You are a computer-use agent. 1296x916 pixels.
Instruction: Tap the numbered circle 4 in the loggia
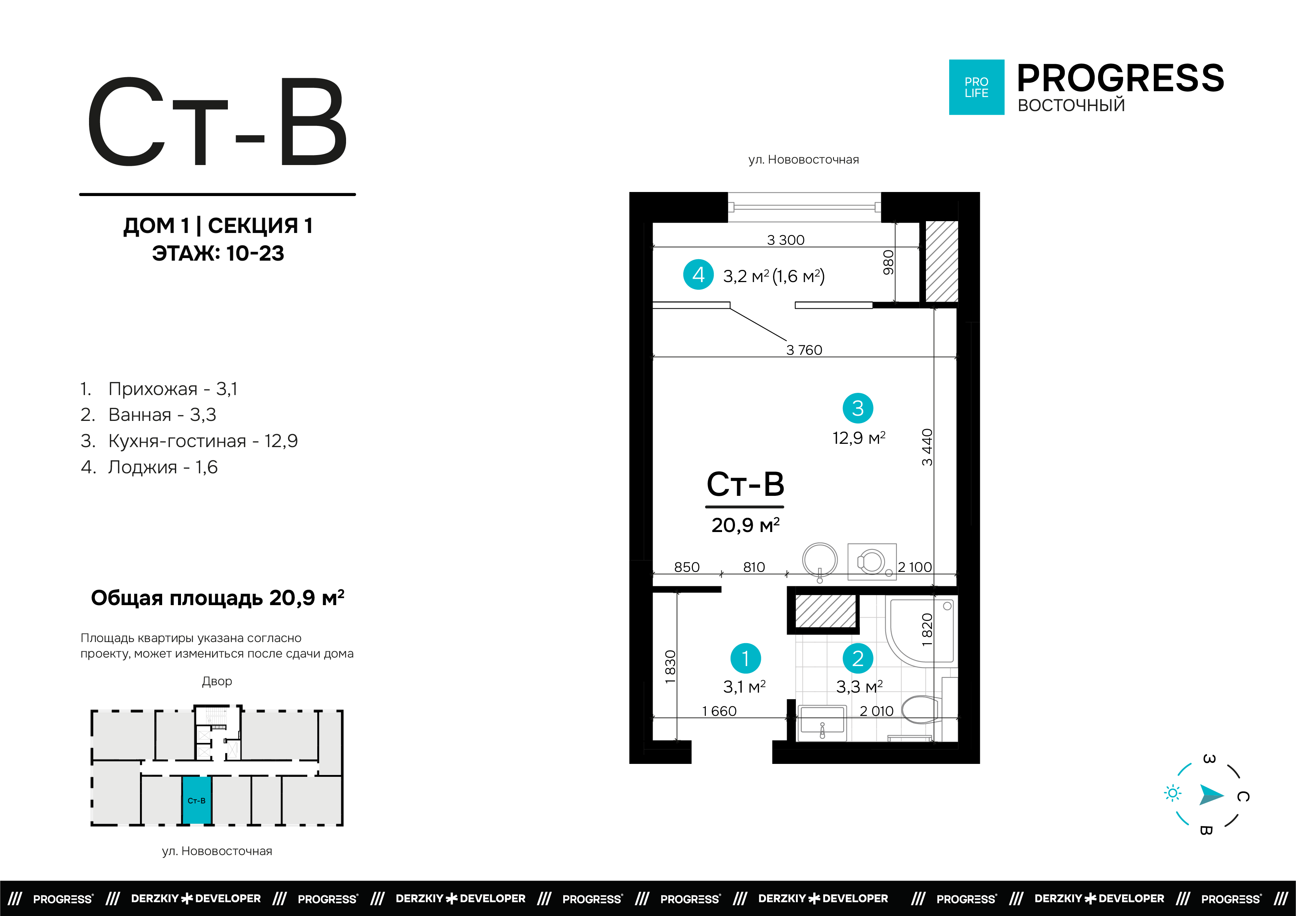pyautogui.click(x=698, y=275)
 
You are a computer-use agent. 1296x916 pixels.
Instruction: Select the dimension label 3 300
pyautogui.click(x=785, y=240)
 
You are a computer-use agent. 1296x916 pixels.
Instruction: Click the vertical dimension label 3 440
pyautogui.click(x=927, y=447)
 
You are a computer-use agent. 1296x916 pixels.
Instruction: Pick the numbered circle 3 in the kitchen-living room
pyautogui.click(x=858, y=408)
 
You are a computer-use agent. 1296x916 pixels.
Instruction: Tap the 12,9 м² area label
pyautogui.click(x=859, y=438)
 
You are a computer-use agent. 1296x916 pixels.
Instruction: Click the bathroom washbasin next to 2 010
pyautogui.click(x=822, y=723)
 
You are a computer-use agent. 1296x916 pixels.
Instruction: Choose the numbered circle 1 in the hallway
pyautogui.click(x=745, y=658)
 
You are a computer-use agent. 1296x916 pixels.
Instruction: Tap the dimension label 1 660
pyautogui.click(x=719, y=711)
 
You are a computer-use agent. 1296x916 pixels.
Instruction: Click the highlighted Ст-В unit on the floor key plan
pyautogui.click(x=196, y=800)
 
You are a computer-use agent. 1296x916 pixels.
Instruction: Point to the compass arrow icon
pyautogui.click(x=1210, y=795)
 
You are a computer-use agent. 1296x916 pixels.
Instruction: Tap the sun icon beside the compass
pyautogui.click(x=1172, y=793)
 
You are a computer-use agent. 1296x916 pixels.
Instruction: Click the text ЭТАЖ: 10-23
pyautogui.click(x=218, y=253)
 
